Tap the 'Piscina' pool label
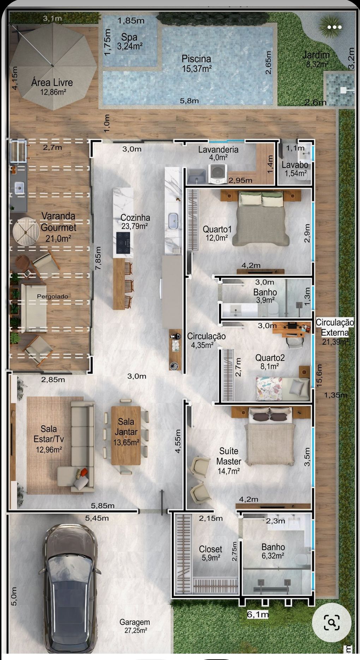(x=196, y=59)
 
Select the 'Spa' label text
(x=129, y=37)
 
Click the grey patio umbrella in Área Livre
(x=53, y=66)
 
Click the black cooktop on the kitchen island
(x=123, y=243)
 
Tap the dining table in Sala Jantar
(x=126, y=435)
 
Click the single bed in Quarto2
(x=282, y=388)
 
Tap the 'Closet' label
(x=210, y=549)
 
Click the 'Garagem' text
(x=134, y=622)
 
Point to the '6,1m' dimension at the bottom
(x=258, y=614)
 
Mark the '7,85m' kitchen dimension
(x=98, y=258)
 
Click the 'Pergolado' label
(x=53, y=296)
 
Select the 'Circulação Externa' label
(x=335, y=327)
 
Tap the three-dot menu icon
(x=334, y=27)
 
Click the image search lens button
(x=331, y=622)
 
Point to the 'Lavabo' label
(x=295, y=165)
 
